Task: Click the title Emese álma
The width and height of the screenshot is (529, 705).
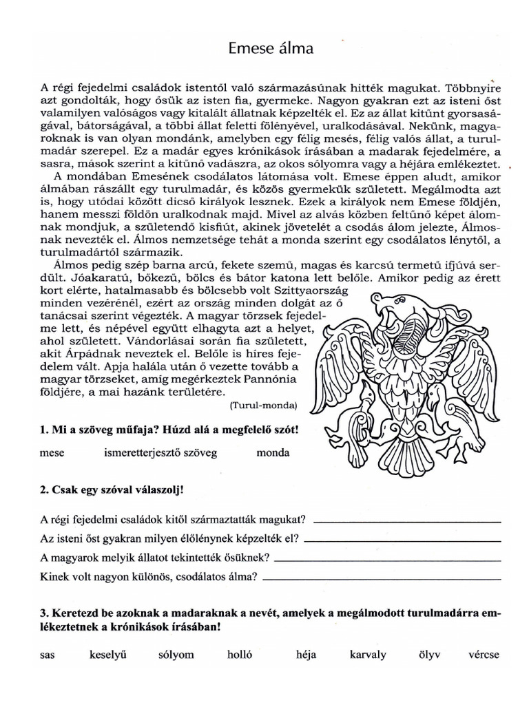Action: pos(270,49)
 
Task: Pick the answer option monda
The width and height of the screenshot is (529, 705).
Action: pos(273,453)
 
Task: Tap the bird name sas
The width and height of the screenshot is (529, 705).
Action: pos(47,655)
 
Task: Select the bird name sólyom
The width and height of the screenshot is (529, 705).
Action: pos(176,655)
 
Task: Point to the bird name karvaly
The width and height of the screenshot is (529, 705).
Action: pos(368,655)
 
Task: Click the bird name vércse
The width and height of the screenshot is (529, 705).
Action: pos(483,655)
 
